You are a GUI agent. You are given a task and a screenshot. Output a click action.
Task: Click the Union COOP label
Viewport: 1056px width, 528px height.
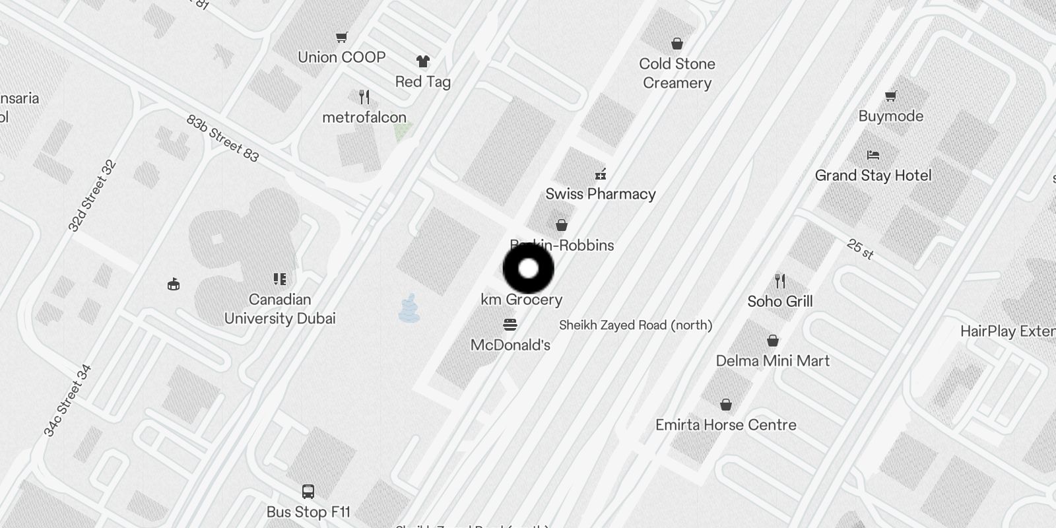(341, 57)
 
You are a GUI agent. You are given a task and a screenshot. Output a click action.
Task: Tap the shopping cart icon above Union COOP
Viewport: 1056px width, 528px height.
(341, 38)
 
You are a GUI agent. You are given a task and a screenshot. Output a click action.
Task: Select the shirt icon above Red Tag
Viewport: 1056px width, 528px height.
(423, 61)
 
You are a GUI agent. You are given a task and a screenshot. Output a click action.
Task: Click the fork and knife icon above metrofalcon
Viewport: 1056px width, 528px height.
(364, 98)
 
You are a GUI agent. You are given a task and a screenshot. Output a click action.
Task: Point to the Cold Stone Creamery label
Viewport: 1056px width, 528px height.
(677, 73)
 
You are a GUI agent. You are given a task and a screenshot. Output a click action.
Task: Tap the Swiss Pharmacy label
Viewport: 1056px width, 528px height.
(601, 194)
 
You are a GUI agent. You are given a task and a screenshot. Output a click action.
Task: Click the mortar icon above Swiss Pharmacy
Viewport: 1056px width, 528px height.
(601, 174)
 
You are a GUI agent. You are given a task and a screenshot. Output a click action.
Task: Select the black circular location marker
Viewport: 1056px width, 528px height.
(528, 269)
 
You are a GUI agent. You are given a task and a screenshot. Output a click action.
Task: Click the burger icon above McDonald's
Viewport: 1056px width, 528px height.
(510, 325)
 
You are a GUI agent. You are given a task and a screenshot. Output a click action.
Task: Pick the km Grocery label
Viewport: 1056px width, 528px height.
(521, 300)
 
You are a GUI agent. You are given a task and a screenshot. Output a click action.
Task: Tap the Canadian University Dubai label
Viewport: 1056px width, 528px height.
(280, 309)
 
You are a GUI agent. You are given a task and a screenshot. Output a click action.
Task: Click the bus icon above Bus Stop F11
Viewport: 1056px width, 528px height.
(308, 492)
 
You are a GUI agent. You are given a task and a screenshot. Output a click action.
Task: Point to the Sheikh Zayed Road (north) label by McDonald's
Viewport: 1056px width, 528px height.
(636, 325)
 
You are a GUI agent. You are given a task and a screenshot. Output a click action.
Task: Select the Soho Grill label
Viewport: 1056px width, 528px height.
(780, 302)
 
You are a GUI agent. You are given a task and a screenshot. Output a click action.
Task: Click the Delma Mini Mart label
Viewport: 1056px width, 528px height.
(773, 361)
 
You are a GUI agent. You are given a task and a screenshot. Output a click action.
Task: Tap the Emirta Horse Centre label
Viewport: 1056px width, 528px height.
(726, 425)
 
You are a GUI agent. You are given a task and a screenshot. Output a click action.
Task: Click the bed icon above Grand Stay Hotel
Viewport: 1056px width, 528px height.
(873, 156)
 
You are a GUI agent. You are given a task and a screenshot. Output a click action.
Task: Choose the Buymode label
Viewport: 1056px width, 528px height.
(891, 116)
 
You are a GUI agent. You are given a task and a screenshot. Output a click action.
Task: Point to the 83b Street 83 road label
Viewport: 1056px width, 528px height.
(222, 139)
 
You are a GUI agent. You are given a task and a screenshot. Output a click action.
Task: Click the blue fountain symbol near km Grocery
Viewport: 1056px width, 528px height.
(409, 309)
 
